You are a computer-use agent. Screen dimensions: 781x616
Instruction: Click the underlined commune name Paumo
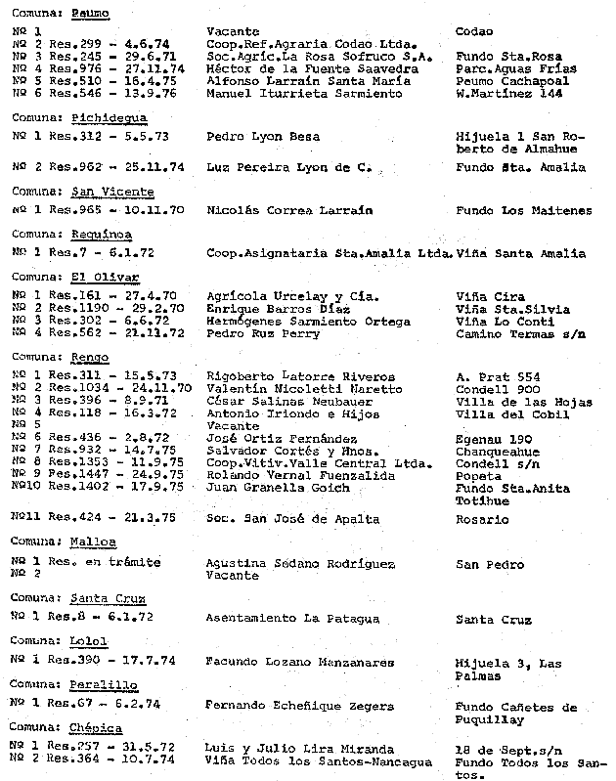89,14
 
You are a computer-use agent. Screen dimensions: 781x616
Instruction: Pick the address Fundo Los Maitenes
523,210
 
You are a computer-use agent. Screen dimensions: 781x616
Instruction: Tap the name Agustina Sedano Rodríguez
300,563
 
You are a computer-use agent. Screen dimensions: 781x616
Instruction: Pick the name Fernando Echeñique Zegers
299,705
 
